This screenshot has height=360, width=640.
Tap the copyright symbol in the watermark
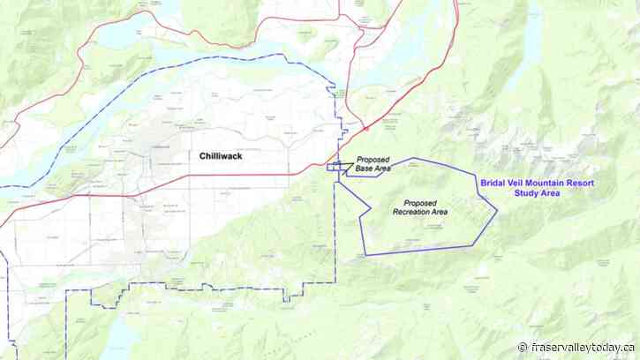523,347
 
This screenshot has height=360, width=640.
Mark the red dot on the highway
366,128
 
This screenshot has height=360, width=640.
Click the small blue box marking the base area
335,166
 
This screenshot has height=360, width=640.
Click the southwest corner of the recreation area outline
365,255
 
